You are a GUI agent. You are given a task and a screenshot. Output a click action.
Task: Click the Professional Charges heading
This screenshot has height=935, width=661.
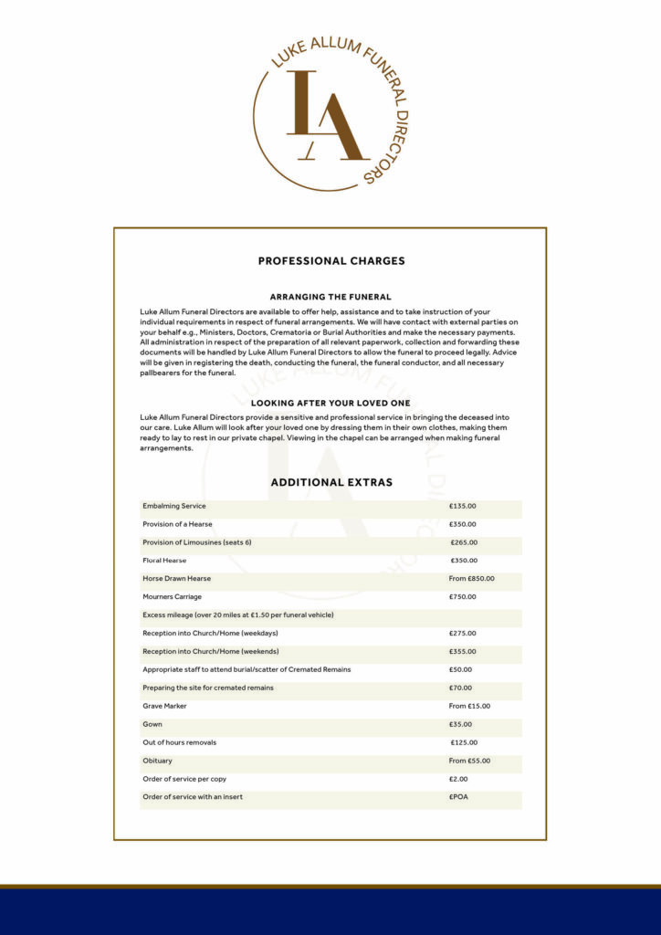click(x=331, y=261)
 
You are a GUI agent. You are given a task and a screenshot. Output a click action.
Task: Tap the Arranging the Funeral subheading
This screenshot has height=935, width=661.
click(x=330, y=297)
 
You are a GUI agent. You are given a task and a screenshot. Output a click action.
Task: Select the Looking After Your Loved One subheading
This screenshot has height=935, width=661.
click(x=330, y=403)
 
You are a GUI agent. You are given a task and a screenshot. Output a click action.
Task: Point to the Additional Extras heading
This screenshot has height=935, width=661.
click(x=331, y=482)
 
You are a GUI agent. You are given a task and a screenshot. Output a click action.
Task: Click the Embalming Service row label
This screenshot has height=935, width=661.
click(x=174, y=506)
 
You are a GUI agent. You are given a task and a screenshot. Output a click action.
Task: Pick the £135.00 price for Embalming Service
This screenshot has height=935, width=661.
click(x=462, y=506)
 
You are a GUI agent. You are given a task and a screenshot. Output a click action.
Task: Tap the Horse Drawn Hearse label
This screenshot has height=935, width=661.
click(x=176, y=578)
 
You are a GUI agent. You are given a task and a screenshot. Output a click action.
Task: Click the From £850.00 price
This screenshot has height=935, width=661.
click(x=471, y=578)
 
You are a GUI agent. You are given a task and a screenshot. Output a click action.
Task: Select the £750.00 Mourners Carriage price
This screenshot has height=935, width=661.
click(x=462, y=596)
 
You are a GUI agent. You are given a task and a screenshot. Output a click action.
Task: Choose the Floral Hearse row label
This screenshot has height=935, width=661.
click(x=164, y=561)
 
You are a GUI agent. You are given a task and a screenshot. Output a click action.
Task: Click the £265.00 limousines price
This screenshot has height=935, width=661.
click(x=464, y=542)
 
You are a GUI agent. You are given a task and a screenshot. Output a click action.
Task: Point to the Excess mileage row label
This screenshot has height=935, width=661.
click(x=238, y=615)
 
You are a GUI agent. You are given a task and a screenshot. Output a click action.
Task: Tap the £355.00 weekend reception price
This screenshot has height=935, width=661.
click(x=462, y=651)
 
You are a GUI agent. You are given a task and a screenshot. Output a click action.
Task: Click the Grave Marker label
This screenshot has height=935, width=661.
click(x=164, y=706)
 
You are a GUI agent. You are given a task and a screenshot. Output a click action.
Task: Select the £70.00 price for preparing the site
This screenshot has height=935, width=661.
click(x=460, y=688)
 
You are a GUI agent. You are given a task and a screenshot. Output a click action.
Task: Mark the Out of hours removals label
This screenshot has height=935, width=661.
click(x=180, y=742)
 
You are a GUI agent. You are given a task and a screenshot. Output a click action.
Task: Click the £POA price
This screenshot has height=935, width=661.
click(x=458, y=797)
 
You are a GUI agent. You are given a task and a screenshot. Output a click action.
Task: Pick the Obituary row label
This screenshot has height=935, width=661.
click(x=157, y=761)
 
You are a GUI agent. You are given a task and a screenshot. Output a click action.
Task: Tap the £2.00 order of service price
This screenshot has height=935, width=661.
click(x=458, y=779)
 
